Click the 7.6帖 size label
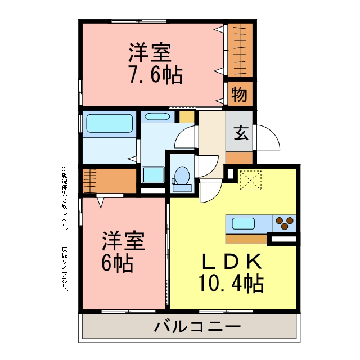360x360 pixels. point(156,75)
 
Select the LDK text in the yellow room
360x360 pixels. point(232,261)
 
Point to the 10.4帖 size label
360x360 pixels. point(231,283)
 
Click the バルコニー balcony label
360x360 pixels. point(197,326)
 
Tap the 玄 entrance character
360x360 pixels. point(241,133)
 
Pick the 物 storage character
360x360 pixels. point(240,94)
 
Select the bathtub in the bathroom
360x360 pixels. point(110,123)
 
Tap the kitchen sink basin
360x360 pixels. point(243,223)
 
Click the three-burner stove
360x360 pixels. point(284,223)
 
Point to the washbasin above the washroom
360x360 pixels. point(157,116)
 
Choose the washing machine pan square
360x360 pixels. point(153,175)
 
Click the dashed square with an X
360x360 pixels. point(250,180)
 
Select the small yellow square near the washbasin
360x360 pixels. point(187,116)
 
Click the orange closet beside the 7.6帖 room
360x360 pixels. point(240,50)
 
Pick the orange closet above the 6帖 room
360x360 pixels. point(110,181)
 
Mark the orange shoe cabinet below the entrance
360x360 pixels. point(239,157)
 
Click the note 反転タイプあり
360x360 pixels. point(65,269)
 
